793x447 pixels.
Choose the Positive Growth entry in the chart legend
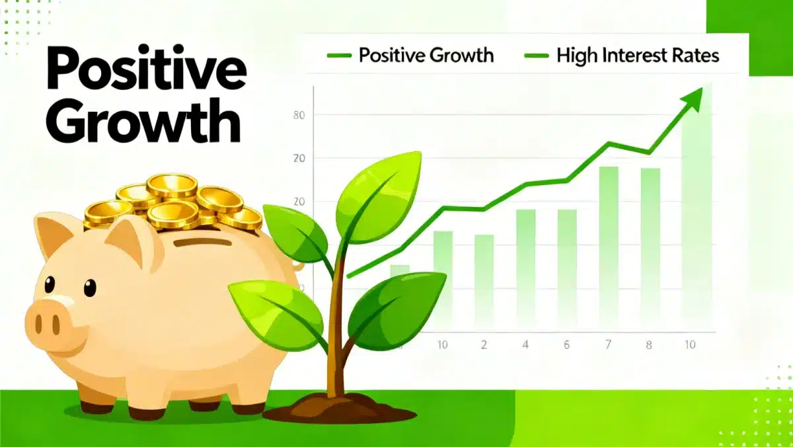[426, 55]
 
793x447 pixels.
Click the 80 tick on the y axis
[298, 115]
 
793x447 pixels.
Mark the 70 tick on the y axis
[298, 158]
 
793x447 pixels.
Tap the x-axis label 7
[609, 345]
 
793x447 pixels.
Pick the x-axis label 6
[566, 345]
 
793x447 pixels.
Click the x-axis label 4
[525, 345]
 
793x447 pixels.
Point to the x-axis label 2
[484, 345]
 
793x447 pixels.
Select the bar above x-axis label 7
[609, 245]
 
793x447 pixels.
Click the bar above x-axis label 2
[484, 278]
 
